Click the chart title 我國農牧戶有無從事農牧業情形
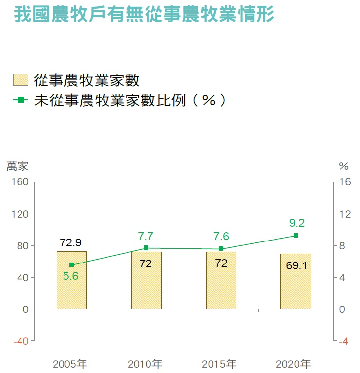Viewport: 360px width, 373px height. point(144,15)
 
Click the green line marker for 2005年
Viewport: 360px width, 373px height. point(71,264)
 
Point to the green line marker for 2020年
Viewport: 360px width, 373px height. point(296,236)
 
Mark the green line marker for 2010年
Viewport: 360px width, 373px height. point(146,248)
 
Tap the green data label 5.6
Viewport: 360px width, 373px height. point(71,276)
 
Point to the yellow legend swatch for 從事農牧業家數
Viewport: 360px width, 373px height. point(21,80)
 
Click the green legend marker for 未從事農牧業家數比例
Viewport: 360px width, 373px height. point(21,100)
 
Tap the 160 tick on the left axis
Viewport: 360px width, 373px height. point(21,182)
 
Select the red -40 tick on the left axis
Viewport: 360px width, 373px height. point(21,341)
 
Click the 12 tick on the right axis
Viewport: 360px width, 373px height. point(345,214)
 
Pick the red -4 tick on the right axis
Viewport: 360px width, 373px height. point(344,341)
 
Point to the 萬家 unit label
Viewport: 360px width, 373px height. point(17,166)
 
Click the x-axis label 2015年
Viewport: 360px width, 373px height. point(219,364)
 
